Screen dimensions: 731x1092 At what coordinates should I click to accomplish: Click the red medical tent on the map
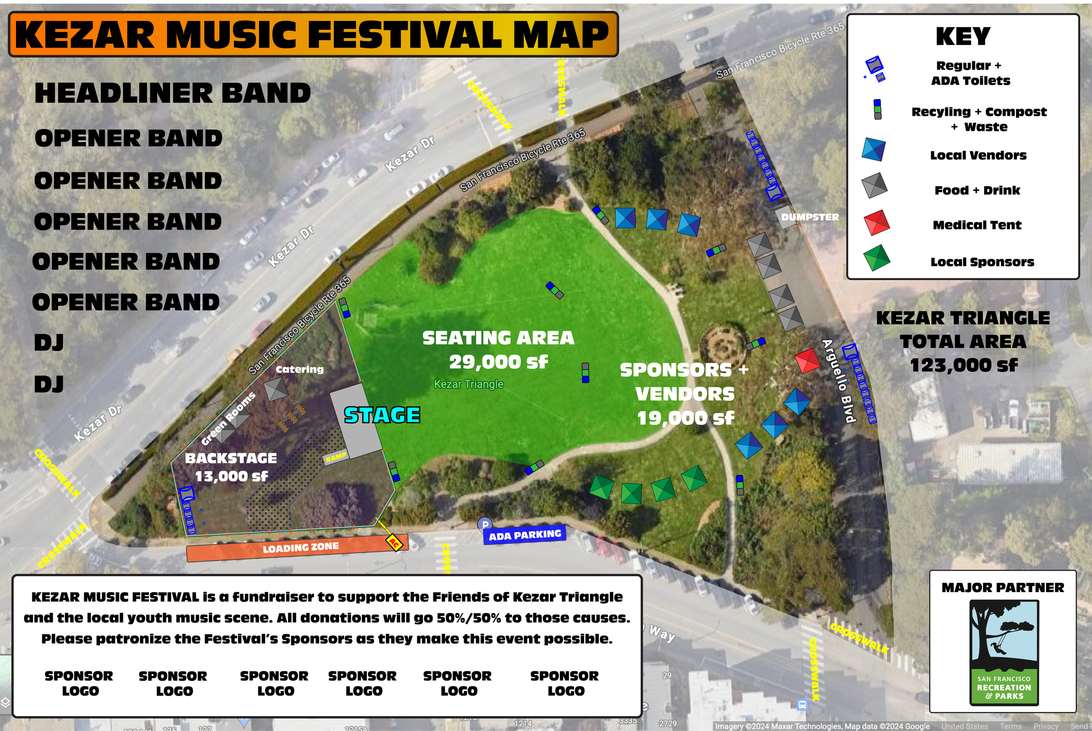pyautogui.click(x=807, y=360)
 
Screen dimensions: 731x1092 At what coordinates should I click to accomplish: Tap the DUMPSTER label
pyautogui.click(x=809, y=217)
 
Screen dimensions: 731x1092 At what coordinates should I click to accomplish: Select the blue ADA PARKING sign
pyautogui.click(x=525, y=535)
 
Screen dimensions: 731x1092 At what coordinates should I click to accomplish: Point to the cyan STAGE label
pyautogui.click(x=382, y=415)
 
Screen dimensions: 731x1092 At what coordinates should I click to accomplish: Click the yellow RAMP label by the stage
pyautogui.click(x=335, y=457)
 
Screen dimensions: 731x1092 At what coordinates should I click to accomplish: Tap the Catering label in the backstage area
pyautogui.click(x=299, y=369)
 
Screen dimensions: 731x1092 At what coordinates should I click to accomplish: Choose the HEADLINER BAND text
pyautogui.click(x=173, y=93)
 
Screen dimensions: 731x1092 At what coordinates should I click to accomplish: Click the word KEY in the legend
pyautogui.click(x=963, y=36)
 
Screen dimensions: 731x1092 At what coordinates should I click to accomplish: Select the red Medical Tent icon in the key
pyautogui.click(x=876, y=223)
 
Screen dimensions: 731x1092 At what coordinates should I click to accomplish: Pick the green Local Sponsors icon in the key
pyautogui.click(x=876, y=258)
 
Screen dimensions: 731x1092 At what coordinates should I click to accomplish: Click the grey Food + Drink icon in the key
pyautogui.click(x=874, y=186)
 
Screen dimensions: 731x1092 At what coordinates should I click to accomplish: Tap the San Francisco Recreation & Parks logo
pyautogui.click(x=1004, y=653)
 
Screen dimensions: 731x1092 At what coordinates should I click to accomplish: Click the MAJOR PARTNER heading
pyautogui.click(x=1002, y=587)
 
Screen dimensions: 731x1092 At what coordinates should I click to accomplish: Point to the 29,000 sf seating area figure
pyautogui.click(x=498, y=362)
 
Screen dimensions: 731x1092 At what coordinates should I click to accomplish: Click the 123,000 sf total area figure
pyautogui.click(x=964, y=365)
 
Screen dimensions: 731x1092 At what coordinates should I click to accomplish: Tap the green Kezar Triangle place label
pyautogui.click(x=468, y=384)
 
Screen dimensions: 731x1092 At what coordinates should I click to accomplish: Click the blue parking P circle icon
pyautogui.click(x=485, y=524)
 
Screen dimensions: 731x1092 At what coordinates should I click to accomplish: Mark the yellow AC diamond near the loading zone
pyautogui.click(x=394, y=543)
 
